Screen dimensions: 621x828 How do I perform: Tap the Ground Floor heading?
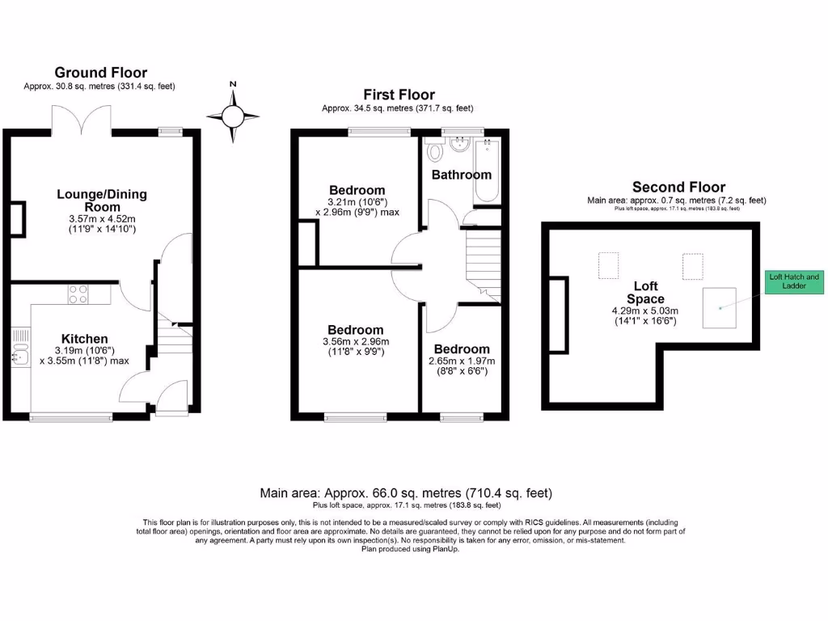(x=101, y=73)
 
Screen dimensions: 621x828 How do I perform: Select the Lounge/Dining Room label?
(x=102, y=201)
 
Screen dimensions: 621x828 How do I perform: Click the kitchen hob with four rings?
(x=78, y=294)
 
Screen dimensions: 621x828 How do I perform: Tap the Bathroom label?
(x=461, y=175)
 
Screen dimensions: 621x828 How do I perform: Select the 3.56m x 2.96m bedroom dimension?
(x=356, y=341)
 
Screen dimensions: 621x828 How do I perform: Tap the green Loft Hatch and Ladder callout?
(x=794, y=281)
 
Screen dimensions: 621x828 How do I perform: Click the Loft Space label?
(x=646, y=292)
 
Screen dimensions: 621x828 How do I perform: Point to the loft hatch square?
(x=719, y=307)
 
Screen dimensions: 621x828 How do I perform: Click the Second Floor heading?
(x=678, y=187)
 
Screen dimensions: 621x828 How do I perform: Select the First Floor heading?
(x=399, y=95)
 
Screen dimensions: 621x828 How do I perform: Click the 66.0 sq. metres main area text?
(x=406, y=492)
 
